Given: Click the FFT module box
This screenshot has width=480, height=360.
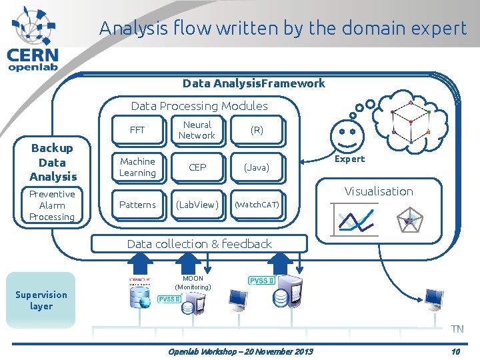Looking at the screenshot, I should [137, 130].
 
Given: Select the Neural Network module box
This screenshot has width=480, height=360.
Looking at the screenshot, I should [197, 130].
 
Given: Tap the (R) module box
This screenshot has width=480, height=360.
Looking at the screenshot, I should [257, 130].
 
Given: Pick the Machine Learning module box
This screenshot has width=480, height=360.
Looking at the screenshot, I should [137, 167].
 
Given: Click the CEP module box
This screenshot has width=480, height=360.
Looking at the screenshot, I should [197, 167].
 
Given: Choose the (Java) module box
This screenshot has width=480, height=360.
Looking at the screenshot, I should [257, 167].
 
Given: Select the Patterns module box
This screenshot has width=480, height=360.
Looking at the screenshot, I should [137, 205].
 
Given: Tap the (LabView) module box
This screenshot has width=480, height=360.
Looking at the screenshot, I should [197, 205].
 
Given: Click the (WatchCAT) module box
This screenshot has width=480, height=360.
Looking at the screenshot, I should [257, 205].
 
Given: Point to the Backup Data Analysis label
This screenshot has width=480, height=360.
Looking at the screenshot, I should [53, 162].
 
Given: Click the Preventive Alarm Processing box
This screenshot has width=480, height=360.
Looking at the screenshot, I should [52, 205].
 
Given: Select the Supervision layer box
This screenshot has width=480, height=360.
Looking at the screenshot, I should [41, 300].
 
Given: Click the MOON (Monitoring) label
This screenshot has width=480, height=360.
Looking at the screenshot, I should [193, 283].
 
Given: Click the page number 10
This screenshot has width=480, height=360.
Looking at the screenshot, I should [455, 351].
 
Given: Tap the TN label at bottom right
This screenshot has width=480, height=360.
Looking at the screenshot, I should [457, 329].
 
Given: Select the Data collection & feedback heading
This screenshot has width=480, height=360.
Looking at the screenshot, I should [199, 244].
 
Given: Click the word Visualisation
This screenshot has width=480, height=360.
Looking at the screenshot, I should [379, 191].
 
